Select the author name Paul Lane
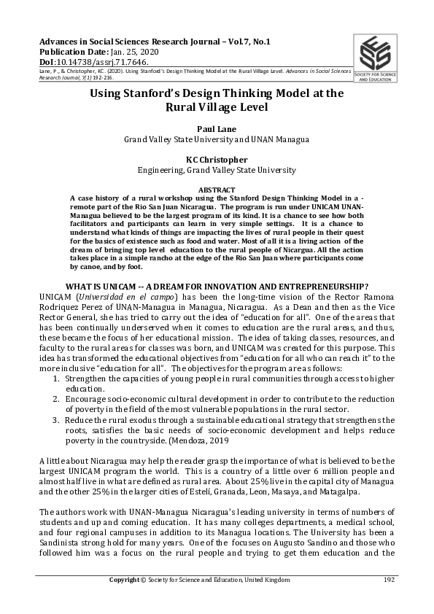[x=217, y=127]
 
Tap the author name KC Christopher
[x=217, y=158]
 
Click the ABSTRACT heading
[x=217, y=189]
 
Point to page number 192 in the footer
[x=389, y=580]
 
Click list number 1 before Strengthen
[x=59, y=380]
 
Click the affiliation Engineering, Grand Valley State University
[x=217, y=170]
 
